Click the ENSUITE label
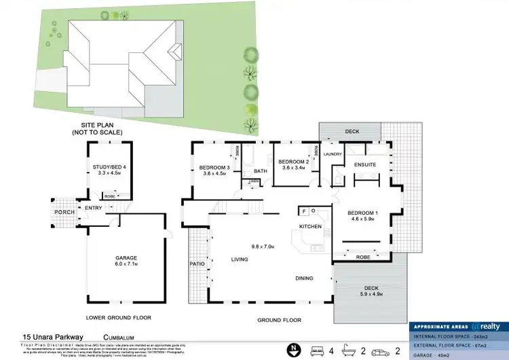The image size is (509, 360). [365, 165]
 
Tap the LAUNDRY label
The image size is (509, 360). [333, 154]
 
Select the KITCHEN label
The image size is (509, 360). [311, 226]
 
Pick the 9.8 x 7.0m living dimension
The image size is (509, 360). [262, 247]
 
